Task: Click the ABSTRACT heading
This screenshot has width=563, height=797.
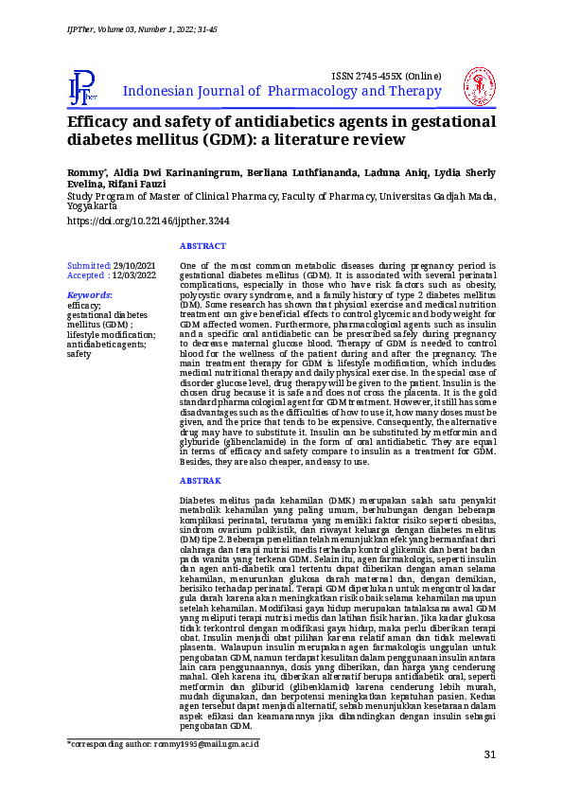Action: (x=202, y=246)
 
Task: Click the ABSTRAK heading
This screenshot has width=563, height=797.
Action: (x=201, y=480)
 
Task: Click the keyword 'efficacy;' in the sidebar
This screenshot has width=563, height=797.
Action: (x=84, y=306)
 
